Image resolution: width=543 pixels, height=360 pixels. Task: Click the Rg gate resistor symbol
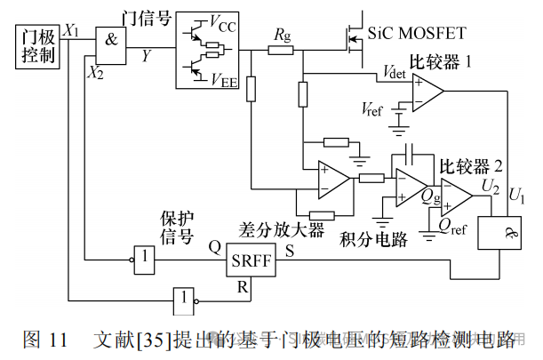(281, 51)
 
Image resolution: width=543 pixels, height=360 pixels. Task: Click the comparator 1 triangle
(427, 89)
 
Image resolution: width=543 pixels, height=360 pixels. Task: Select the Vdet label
(394, 72)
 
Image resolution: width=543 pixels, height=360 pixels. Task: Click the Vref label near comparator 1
(373, 109)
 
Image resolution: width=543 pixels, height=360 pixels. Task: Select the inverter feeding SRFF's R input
(182, 300)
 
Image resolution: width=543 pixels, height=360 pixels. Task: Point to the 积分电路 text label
(372, 239)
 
